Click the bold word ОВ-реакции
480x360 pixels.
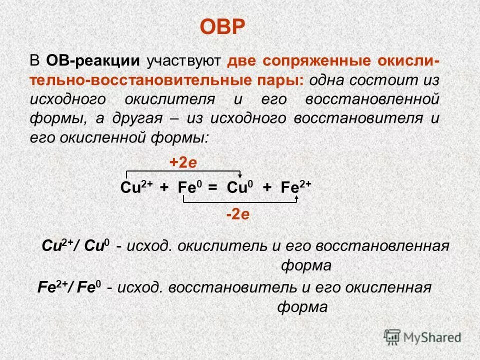[93, 61]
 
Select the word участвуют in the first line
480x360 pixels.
[183, 61]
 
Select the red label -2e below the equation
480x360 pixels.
[237, 215]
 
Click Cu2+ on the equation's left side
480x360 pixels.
[134, 187]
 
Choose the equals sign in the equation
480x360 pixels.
[213, 188]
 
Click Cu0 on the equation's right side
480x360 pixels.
[240, 187]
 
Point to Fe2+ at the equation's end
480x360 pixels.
[296, 187]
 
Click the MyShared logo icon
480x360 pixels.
[392, 335]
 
